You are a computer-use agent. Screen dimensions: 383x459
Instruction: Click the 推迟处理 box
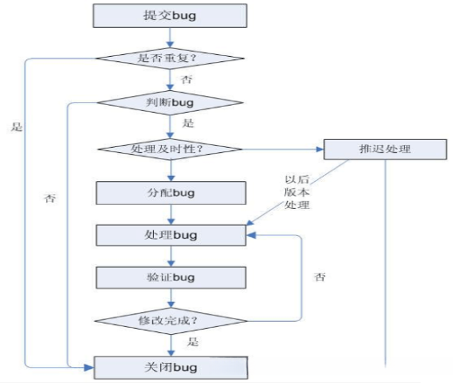385,148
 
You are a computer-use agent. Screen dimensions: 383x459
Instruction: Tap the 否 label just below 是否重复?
186,80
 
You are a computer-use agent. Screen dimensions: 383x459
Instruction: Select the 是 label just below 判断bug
188,123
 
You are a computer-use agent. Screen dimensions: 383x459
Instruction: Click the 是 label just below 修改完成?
194,342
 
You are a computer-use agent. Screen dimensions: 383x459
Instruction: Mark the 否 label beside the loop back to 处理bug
322,278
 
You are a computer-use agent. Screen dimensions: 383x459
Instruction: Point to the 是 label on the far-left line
16,126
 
